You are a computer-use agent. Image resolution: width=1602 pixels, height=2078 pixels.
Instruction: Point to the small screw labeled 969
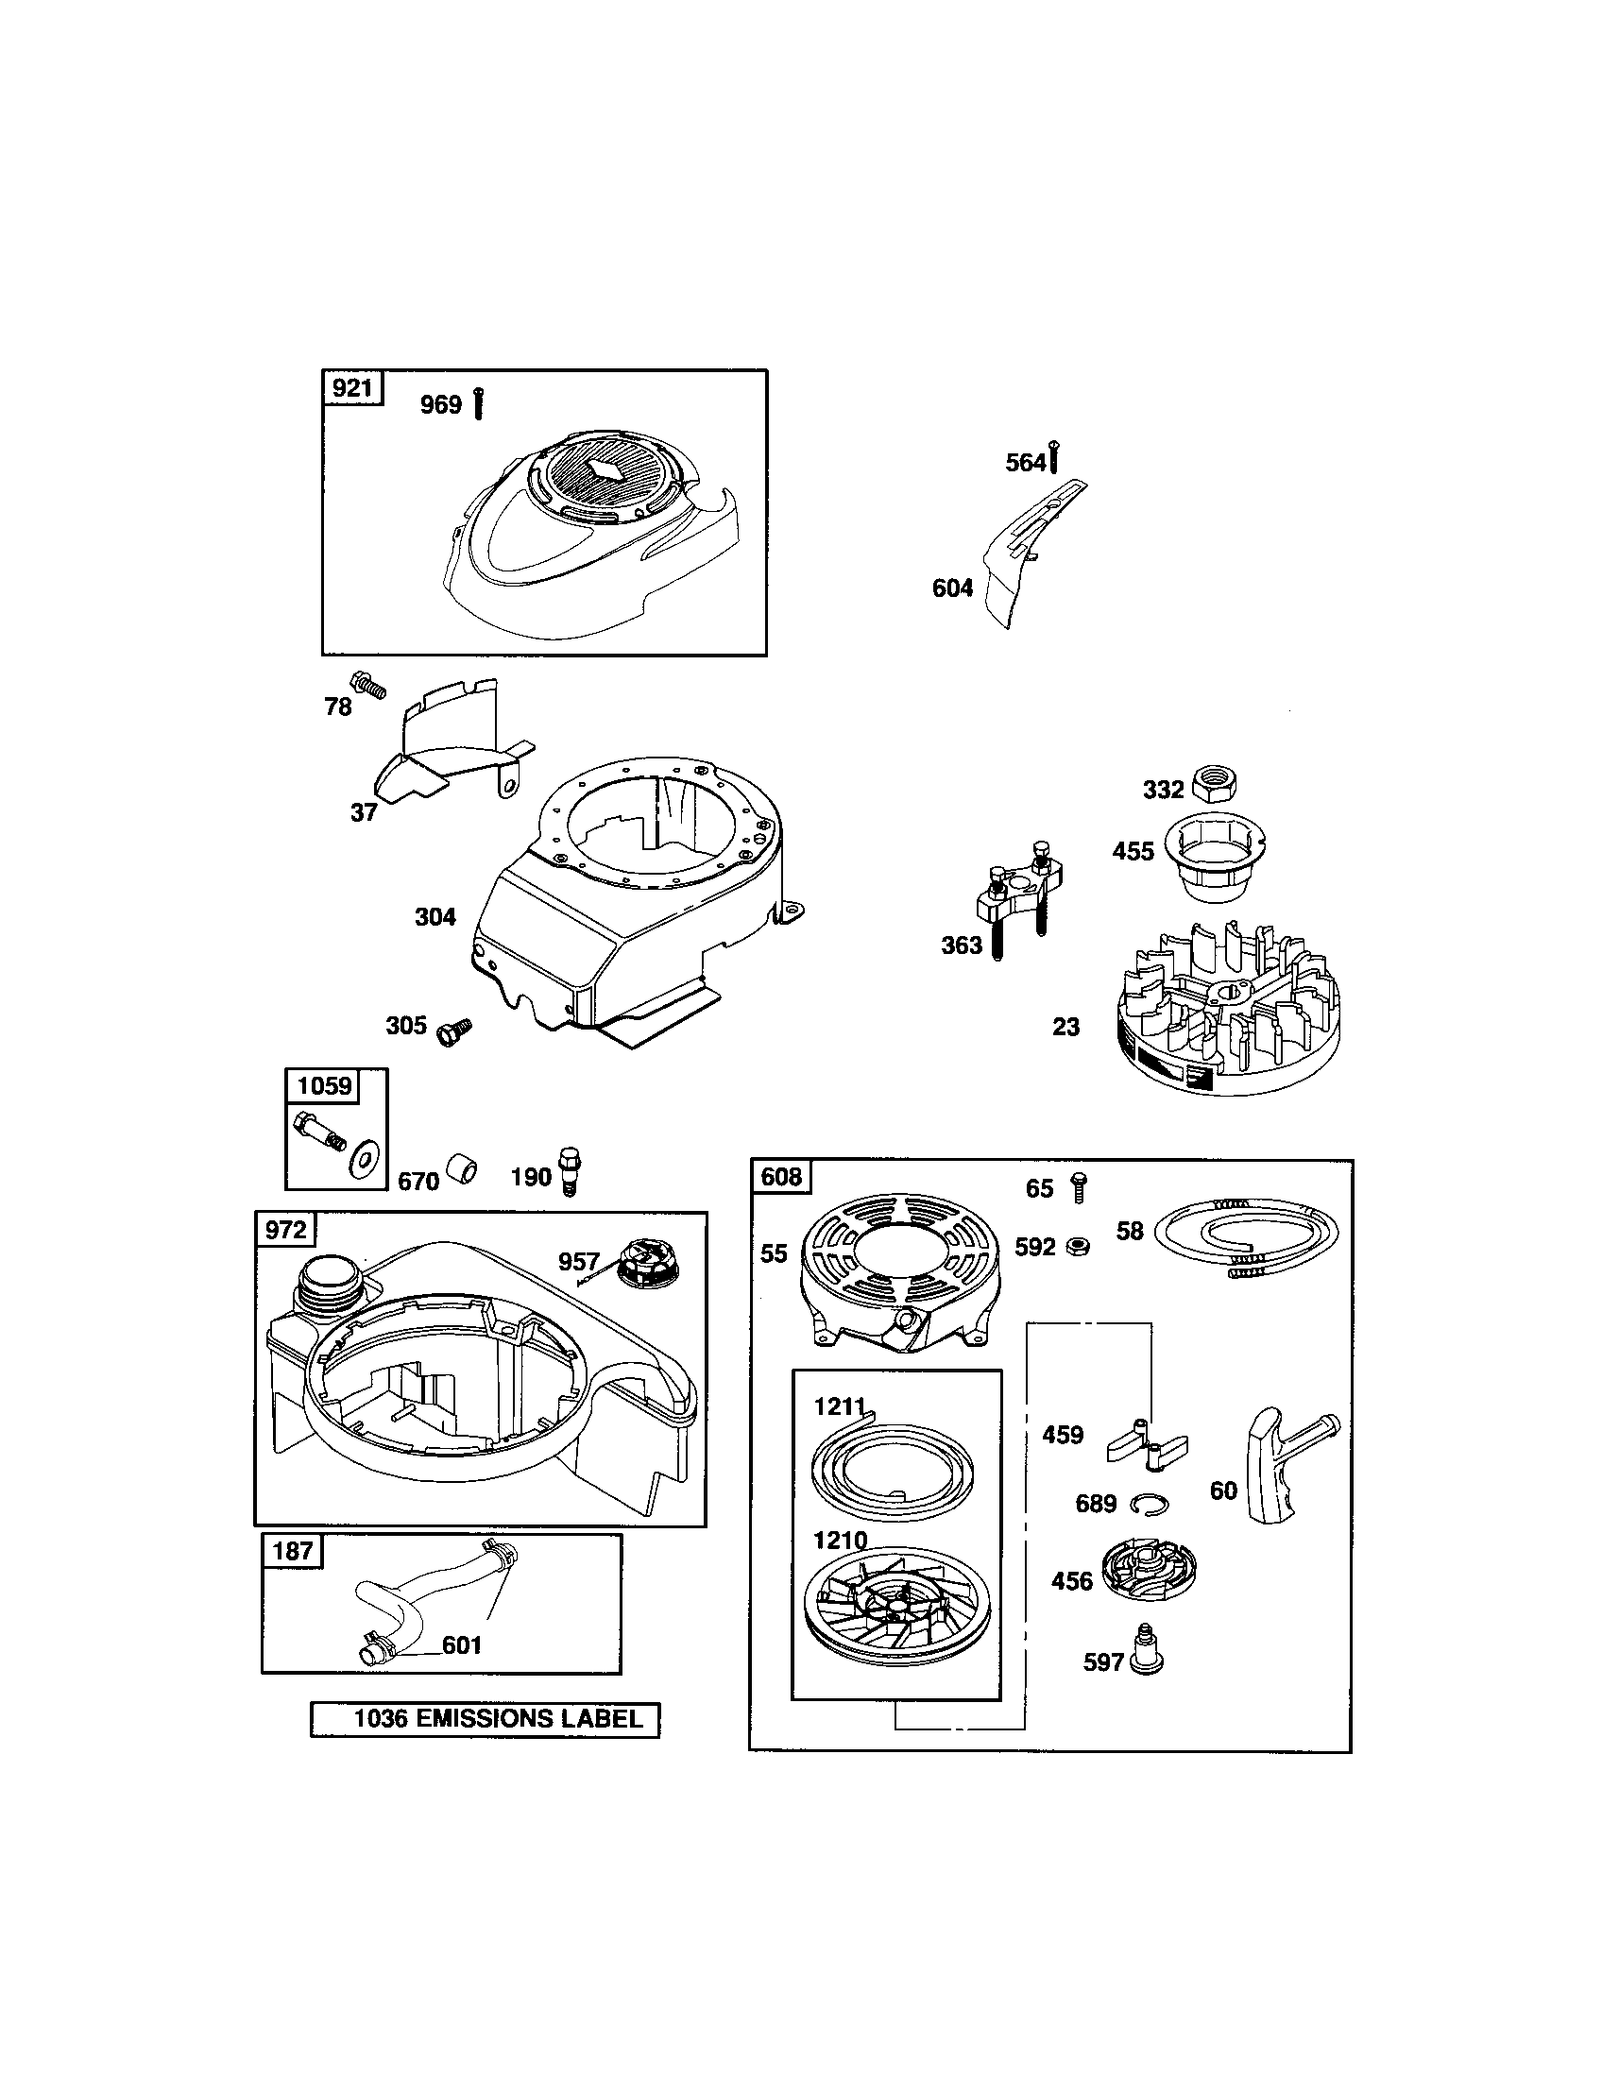pos(479,404)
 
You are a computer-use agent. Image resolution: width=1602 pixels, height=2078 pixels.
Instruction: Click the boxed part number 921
pos(353,388)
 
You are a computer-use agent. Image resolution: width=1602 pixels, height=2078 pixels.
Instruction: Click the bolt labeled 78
pos(369,685)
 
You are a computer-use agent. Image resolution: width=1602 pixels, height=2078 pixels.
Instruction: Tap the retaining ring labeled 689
pos(1150,1505)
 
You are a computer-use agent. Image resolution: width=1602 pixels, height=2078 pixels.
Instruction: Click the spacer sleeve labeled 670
pos(462,1169)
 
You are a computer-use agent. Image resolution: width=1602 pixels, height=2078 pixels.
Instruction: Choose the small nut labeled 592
pos(1078,1247)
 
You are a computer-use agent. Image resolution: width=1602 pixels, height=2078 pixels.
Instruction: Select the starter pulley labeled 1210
pos(895,1611)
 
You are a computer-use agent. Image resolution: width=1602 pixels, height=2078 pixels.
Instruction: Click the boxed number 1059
pos(324,1085)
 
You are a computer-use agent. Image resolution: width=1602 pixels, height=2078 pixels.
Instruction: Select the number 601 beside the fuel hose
pos(462,1644)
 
